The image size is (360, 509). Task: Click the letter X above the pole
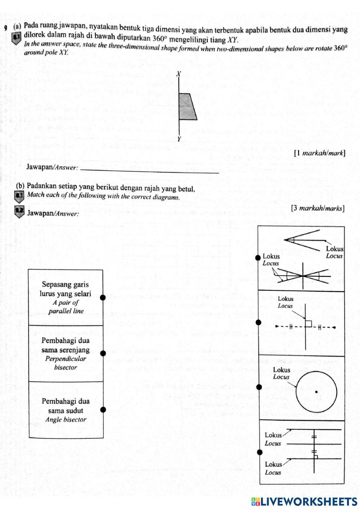pyautogui.click(x=178, y=74)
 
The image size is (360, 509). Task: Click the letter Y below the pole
pyautogui.click(x=179, y=139)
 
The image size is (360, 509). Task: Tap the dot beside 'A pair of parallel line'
pyautogui.click(x=103, y=298)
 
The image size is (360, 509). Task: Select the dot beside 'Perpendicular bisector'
pyautogui.click(x=103, y=353)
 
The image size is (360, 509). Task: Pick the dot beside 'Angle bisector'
pyautogui.click(x=103, y=409)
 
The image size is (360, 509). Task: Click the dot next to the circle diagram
pyautogui.click(x=258, y=387)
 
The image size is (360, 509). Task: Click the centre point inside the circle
pyautogui.click(x=316, y=392)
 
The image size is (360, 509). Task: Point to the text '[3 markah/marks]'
pyautogui.click(x=318, y=208)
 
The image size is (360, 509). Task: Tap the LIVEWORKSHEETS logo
pyautogui.click(x=304, y=501)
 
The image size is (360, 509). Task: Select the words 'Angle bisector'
pyautogui.click(x=66, y=420)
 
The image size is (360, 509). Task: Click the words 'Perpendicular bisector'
pyautogui.click(x=66, y=363)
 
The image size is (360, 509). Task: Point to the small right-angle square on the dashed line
pyautogui.click(x=309, y=323)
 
